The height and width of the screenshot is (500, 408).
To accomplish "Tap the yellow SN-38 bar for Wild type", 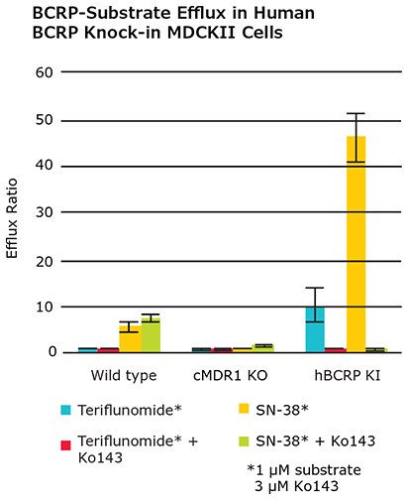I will tap(129, 339).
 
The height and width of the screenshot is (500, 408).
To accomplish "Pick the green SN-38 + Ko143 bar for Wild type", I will tap(151, 336).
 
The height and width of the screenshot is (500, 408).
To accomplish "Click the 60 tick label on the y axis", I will tap(42, 73).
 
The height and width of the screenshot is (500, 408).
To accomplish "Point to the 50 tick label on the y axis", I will tap(42, 120).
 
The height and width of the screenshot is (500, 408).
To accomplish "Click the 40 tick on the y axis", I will tap(42, 167).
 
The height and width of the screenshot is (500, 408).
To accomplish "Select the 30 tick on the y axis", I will tap(42, 213).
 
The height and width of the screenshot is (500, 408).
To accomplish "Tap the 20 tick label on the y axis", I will tap(42, 260).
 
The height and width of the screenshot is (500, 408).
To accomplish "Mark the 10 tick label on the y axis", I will tap(42, 307).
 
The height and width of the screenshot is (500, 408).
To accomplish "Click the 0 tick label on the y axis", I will tap(46, 352).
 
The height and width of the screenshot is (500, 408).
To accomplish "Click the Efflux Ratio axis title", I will tap(13, 223).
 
